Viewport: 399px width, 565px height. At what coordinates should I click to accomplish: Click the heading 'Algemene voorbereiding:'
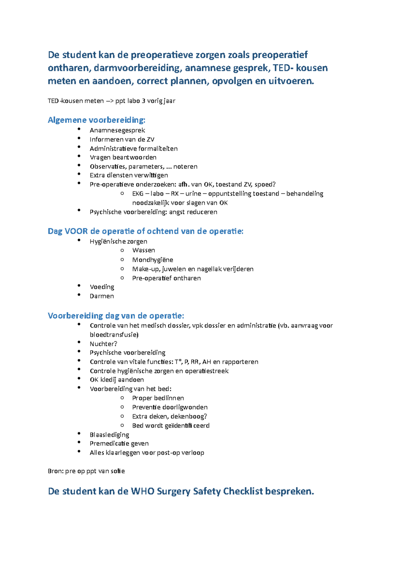pyautogui.click(x=96, y=120)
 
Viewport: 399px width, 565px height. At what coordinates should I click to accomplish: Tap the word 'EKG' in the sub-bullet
pyautogui.click(x=138, y=194)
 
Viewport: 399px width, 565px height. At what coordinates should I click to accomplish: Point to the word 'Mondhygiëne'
pyautogui.click(x=152, y=260)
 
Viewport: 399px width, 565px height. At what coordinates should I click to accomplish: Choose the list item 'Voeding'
pyautogui.click(x=102, y=287)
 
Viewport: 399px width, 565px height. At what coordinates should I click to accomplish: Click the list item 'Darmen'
pyautogui.click(x=101, y=296)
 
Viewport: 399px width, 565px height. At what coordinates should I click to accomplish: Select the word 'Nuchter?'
pyautogui.click(x=103, y=344)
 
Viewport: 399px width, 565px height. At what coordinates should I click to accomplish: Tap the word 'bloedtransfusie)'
pyautogui.click(x=114, y=335)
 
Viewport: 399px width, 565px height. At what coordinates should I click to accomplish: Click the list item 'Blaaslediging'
pyautogui.click(x=109, y=435)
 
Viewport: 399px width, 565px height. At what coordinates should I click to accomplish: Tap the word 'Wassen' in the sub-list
pyautogui.click(x=143, y=250)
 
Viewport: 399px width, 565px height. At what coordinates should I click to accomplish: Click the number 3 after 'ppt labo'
pyautogui.click(x=143, y=101)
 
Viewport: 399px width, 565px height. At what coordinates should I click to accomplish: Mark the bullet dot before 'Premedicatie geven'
pyautogui.click(x=79, y=443)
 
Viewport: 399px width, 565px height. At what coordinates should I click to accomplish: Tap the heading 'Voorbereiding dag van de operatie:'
pyautogui.click(x=116, y=316)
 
